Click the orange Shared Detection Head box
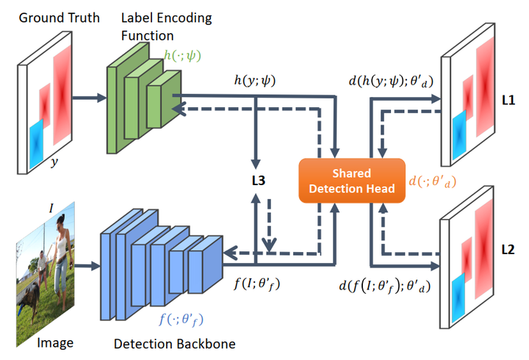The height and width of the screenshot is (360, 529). tap(352, 181)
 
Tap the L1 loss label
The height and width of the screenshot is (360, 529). tap(508, 100)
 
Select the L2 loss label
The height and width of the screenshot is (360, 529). tap(508, 250)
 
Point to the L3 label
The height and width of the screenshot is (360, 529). tap(259, 181)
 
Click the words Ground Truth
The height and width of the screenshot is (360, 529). tap(60, 18)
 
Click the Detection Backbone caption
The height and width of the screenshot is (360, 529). tap(174, 344)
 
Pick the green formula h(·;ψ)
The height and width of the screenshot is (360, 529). tap(182, 55)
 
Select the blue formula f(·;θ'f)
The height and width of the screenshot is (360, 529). tap(181, 319)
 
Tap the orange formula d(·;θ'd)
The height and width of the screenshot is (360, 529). tap(433, 181)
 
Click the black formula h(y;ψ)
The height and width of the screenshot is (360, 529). tap(255, 80)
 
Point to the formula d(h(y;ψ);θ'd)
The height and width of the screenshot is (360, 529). tap(391, 81)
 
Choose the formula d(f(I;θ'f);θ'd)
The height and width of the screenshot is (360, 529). tap(384, 286)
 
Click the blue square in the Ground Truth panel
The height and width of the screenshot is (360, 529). tap(37, 143)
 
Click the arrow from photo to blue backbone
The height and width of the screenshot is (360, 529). tap(87, 266)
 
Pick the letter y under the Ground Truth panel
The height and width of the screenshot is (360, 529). tap(54, 162)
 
